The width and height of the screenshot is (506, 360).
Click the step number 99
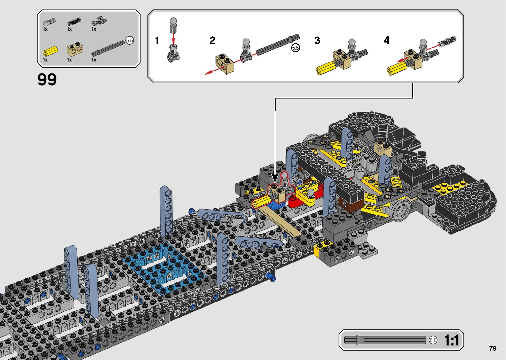coord(47,80)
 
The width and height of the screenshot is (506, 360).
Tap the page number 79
coord(493,348)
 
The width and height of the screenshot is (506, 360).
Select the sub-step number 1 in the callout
coord(157,40)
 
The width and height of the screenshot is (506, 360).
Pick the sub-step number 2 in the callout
coord(212,40)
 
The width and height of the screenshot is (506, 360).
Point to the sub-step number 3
coord(317,40)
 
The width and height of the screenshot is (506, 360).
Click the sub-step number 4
coord(386,40)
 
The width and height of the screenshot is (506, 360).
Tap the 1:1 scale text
coord(451,340)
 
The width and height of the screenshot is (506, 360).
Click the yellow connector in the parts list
coord(50,51)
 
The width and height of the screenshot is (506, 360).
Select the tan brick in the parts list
coord(75,49)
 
